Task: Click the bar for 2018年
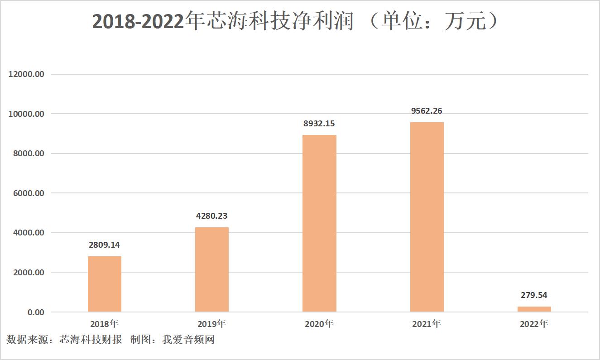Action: pyautogui.click(x=105, y=284)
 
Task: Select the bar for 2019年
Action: pyautogui.click(x=212, y=269)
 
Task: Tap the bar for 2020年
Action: pyautogui.click(x=319, y=223)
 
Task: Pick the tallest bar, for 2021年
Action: pyautogui.click(x=427, y=217)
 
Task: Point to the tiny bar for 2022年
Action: pyautogui.click(x=534, y=309)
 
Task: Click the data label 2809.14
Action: pyautogui.click(x=105, y=245)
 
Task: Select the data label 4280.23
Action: pyautogui.click(x=212, y=216)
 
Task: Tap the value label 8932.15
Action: pyautogui.click(x=319, y=124)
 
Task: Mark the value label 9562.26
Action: pyautogui.click(x=427, y=111)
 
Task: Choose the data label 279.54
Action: pyautogui.click(x=534, y=295)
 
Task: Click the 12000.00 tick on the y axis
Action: pyautogui.click(x=27, y=74)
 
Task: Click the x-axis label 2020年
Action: pyautogui.click(x=319, y=324)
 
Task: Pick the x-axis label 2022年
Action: pyautogui.click(x=534, y=324)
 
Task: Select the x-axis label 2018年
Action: pyautogui.click(x=105, y=324)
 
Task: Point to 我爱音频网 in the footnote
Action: pyautogui.click(x=188, y=340)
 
